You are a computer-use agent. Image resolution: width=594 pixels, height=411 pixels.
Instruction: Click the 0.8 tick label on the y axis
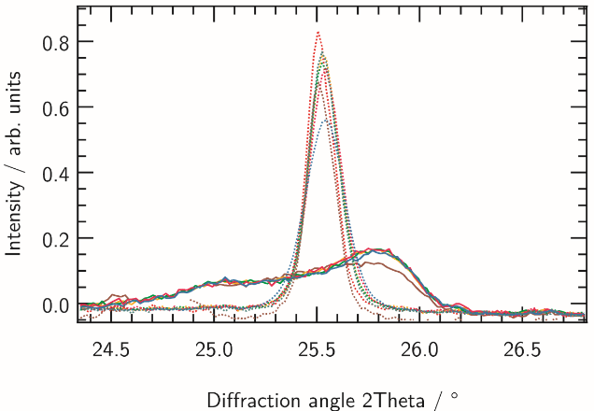(51, 42)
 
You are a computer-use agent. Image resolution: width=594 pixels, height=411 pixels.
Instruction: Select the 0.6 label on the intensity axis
(51, 107)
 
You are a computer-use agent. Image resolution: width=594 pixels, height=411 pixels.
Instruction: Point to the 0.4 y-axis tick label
(51, 173)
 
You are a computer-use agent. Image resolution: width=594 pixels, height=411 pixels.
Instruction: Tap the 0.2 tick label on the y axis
(51, 239)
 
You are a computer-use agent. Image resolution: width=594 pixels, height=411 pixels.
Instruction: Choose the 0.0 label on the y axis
(51, 305)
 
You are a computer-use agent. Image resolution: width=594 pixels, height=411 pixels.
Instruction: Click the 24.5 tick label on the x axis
(113, 349)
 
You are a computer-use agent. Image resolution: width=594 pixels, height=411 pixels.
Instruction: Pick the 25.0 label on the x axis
(216, 349)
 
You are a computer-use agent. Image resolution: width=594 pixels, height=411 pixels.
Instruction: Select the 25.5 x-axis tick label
(318, 349)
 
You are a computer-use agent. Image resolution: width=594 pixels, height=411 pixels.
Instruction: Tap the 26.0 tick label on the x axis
(420, 349)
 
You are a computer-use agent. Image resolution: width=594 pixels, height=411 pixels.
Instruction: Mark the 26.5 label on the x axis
(523, 349)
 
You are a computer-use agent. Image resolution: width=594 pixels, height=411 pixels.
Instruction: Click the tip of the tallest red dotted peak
(318, 32)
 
